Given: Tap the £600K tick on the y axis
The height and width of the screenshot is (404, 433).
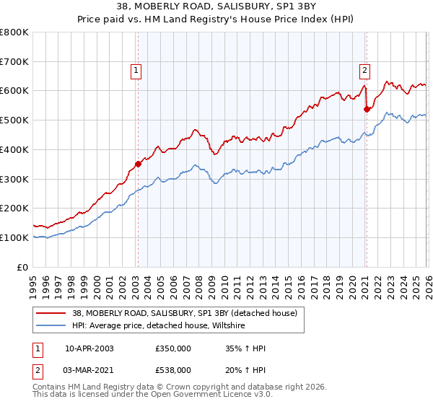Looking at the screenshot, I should [14, 91].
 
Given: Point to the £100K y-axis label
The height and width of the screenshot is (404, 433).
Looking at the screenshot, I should [14, 237].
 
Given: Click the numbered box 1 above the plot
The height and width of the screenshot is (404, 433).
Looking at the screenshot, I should [136, 70].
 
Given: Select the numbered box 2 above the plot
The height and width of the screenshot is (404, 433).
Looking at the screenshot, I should [365, 70].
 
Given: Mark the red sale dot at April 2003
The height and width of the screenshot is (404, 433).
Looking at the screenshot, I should [138, 164].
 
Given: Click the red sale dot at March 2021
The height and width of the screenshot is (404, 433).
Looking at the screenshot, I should [367, 109].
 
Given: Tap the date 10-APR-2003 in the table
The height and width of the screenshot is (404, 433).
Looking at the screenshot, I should [89, 348].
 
